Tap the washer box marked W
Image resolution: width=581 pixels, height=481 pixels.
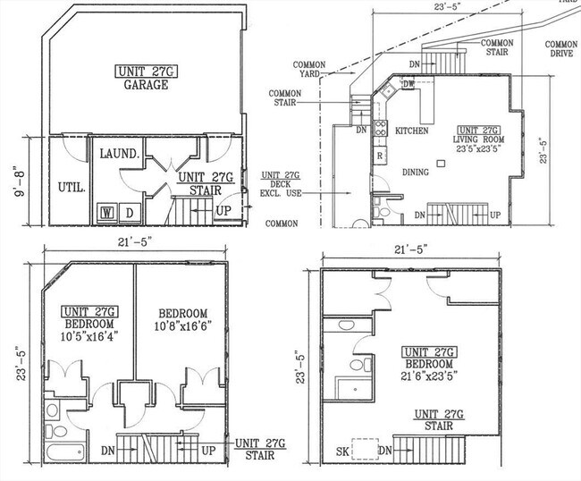[107, 212]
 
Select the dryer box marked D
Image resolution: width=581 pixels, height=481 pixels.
[129, 212]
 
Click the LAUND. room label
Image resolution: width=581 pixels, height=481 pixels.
[119, 154]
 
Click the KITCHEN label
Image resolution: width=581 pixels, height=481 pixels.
[412, 131]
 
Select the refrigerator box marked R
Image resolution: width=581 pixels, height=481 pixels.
[380, 156]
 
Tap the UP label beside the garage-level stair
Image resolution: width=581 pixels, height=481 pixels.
[223, 212]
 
